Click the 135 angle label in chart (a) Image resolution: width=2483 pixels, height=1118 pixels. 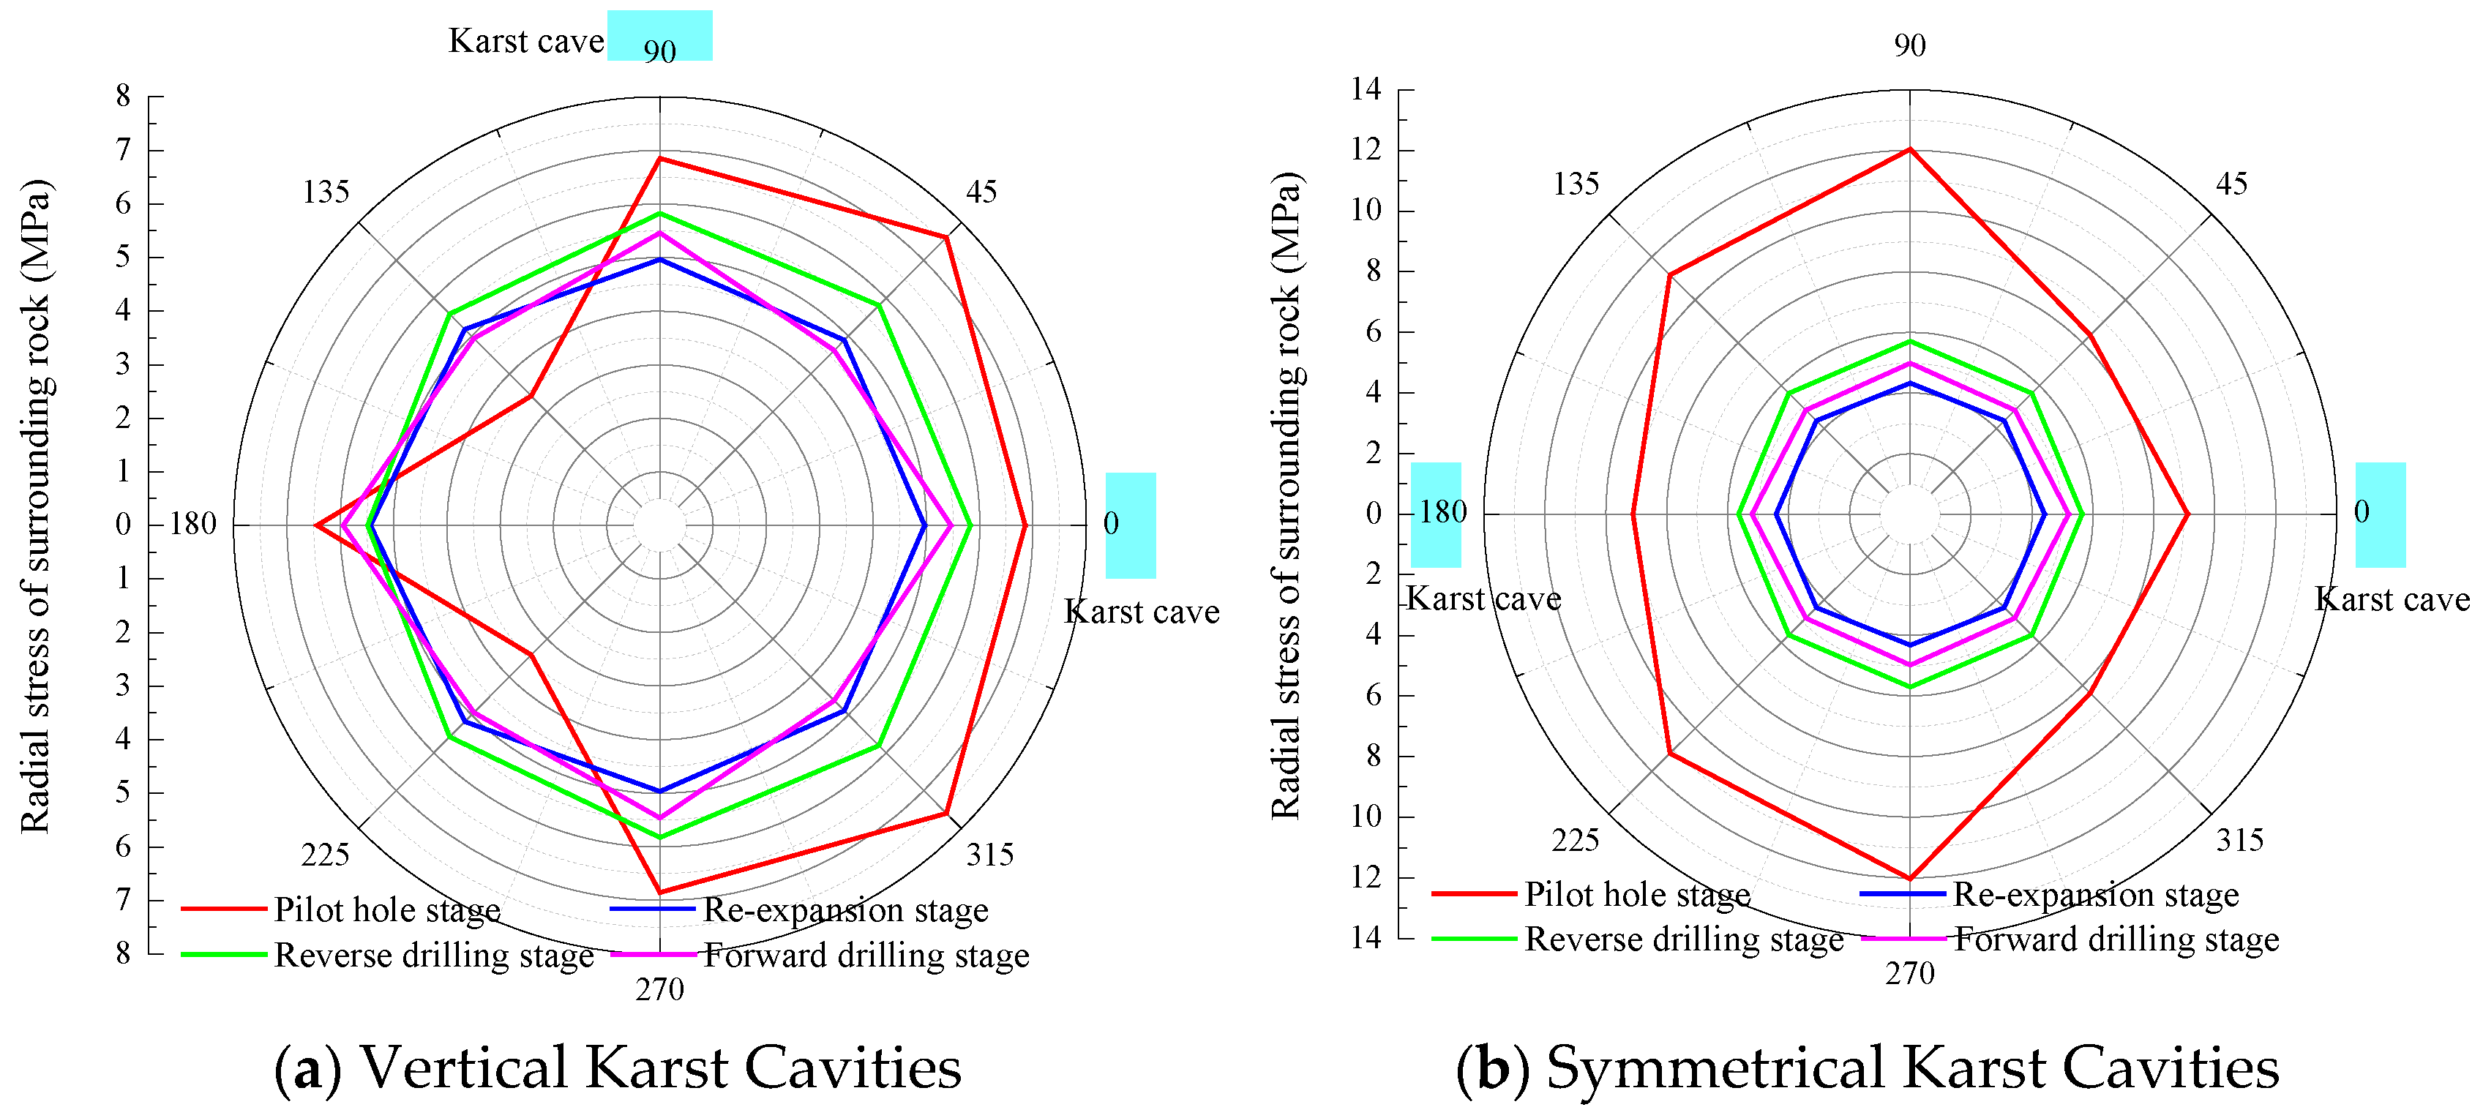[325, 192]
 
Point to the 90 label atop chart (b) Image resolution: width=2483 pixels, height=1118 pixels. [1909, 45]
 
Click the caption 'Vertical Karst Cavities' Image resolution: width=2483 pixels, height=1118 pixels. [618, 1067]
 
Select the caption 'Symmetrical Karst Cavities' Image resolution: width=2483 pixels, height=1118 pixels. [1867, 1067]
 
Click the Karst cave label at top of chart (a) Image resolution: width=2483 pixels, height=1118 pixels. [526, 40]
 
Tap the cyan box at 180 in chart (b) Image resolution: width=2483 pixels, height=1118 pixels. [1435, 514]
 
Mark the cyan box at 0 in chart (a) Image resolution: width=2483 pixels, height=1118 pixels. [1131, 525]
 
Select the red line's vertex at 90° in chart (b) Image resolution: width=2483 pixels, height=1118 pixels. [1909, 149]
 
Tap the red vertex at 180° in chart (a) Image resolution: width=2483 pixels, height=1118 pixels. [316, 525]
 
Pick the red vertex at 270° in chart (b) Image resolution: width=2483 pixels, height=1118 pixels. [1909, 878]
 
